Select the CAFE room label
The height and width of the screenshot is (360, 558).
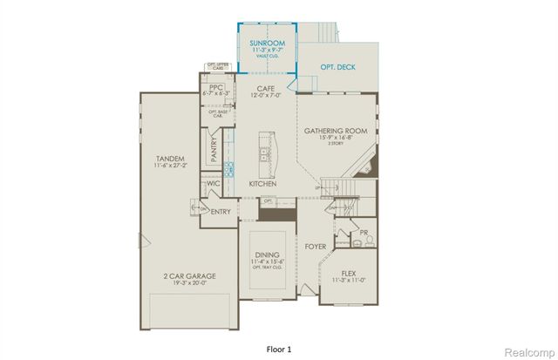point(266,88)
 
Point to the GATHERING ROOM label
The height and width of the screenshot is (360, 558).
point(334,132)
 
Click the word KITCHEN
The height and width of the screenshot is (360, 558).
point(262,184)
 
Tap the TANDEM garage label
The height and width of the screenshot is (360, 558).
point(170,159)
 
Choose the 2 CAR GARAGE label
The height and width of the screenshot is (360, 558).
point(187,275)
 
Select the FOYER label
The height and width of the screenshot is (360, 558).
point(315,247)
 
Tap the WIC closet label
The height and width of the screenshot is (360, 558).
point(213,184)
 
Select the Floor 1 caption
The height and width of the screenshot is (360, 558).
point(278,348)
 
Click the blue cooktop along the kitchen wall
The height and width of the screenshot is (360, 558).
point(229,168)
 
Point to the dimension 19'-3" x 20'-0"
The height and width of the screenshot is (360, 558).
point(187,284)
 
